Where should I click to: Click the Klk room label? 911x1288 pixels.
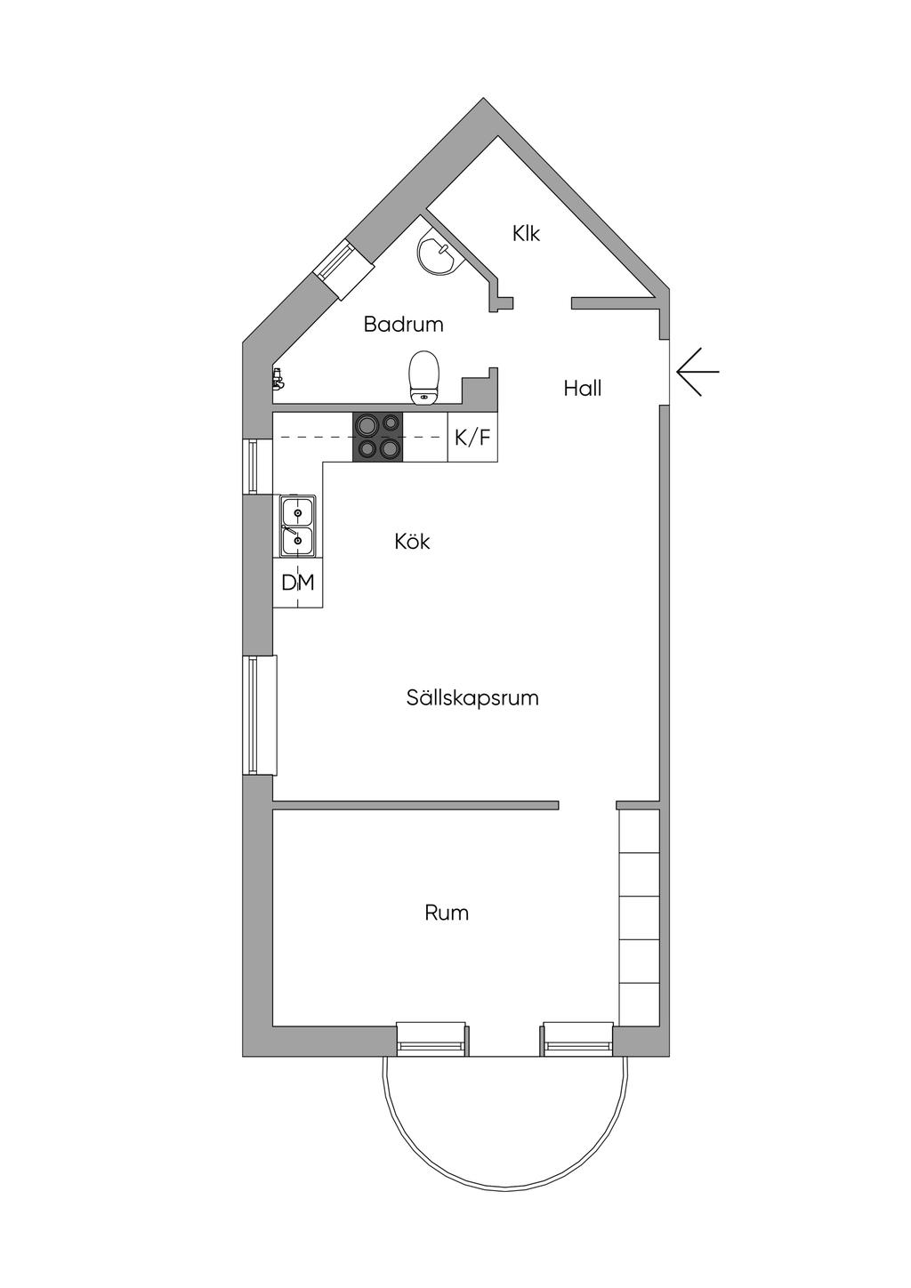526,234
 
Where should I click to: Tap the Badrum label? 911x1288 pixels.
403,325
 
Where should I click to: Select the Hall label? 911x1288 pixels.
583,389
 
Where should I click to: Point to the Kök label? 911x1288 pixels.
412,542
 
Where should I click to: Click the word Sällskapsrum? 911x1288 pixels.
472,698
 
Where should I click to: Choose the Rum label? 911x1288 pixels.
447,914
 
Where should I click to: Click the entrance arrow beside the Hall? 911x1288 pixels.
697,372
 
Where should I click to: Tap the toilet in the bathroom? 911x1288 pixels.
424,377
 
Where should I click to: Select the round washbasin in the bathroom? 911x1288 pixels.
437,253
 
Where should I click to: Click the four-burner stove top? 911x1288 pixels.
378,438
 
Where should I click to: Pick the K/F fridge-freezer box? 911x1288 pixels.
472,438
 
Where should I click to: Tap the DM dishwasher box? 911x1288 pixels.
298,584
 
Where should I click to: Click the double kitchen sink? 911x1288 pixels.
297,525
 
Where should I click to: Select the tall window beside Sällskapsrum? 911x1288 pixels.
258,715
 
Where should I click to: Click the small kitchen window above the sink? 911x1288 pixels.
256,465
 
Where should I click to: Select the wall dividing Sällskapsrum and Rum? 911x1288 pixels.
415,806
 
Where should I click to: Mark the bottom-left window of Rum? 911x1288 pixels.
431,1038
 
